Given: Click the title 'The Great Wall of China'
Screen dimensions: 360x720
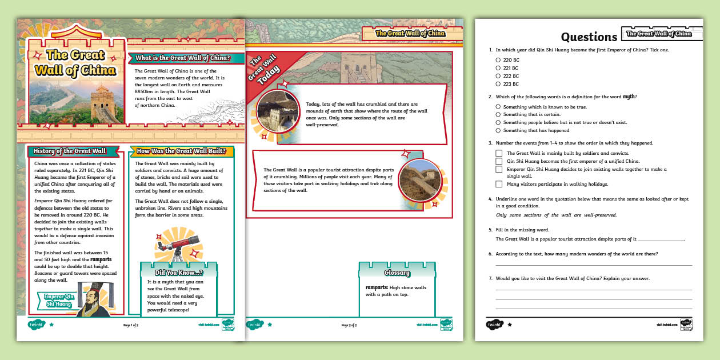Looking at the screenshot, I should (75, 63).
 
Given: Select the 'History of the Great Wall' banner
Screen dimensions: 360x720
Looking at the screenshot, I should (70, 151).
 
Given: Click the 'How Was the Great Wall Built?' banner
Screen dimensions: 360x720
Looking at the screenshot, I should (182, 151).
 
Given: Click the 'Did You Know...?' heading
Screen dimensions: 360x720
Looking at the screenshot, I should (178, 273).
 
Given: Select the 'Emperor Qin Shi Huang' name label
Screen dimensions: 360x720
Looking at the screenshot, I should (59, 300).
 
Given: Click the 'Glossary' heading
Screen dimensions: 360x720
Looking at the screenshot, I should (397, 273).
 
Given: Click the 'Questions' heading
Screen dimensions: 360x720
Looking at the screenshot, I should (589, 37).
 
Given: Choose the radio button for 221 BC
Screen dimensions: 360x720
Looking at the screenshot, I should (498, 67).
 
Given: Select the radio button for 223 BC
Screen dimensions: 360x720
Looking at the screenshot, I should (498, 84).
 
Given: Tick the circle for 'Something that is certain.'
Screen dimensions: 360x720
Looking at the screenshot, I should (498, 114).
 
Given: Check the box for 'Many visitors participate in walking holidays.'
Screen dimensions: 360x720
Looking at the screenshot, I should (499, 184).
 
